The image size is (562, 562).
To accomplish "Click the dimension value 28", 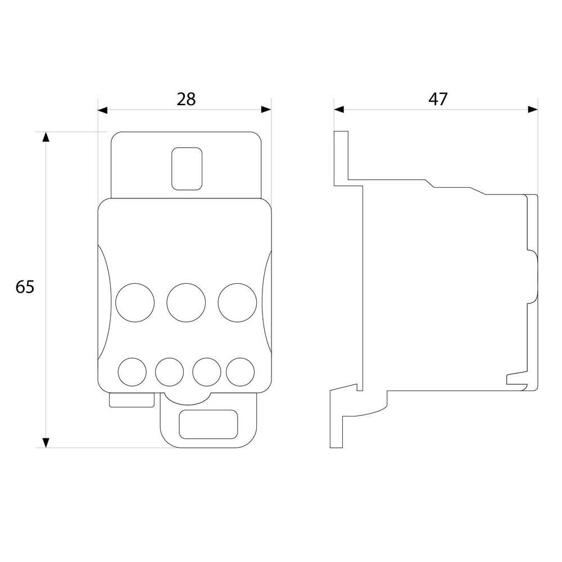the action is coord(186,99).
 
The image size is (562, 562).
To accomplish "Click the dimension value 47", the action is coord(438,99).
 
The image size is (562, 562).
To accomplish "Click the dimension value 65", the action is coord(25,287).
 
